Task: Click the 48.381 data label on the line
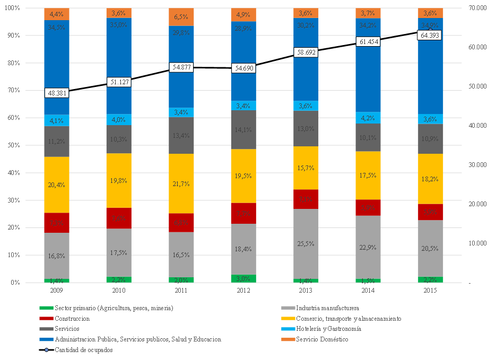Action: [57, 93]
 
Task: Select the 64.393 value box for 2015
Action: [430, 35]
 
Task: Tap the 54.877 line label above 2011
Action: [181, 67]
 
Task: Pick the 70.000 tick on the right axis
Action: [474, 8]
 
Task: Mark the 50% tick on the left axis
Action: [12, 145]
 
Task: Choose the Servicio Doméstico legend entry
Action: [322, 339]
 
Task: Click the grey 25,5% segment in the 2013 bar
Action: [306, 244]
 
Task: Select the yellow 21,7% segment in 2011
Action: [181, 183]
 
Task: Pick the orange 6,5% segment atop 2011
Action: [181, 17]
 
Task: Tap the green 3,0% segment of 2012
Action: [243, 278]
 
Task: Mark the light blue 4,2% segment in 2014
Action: [368, 118]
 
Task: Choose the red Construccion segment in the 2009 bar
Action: [57, 223]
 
